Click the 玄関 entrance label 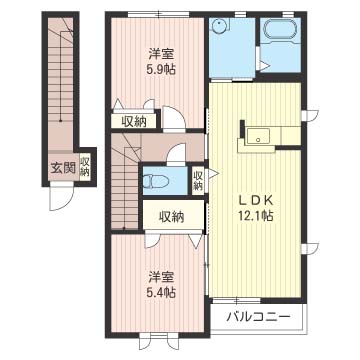[x=62, y=168]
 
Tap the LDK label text [x=255, y=201]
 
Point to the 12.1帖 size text [x=255, y=216]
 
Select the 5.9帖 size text [x=161, y=70]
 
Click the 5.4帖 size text [x=162, y=293]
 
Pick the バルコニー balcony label [x=258, y=316]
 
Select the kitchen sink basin [x=260, y=136]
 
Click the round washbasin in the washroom [x=218, y=24]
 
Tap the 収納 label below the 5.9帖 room [x=133, y=123]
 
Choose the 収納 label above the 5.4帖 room [x=171, y=217]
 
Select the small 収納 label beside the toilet [x=198, y=180]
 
